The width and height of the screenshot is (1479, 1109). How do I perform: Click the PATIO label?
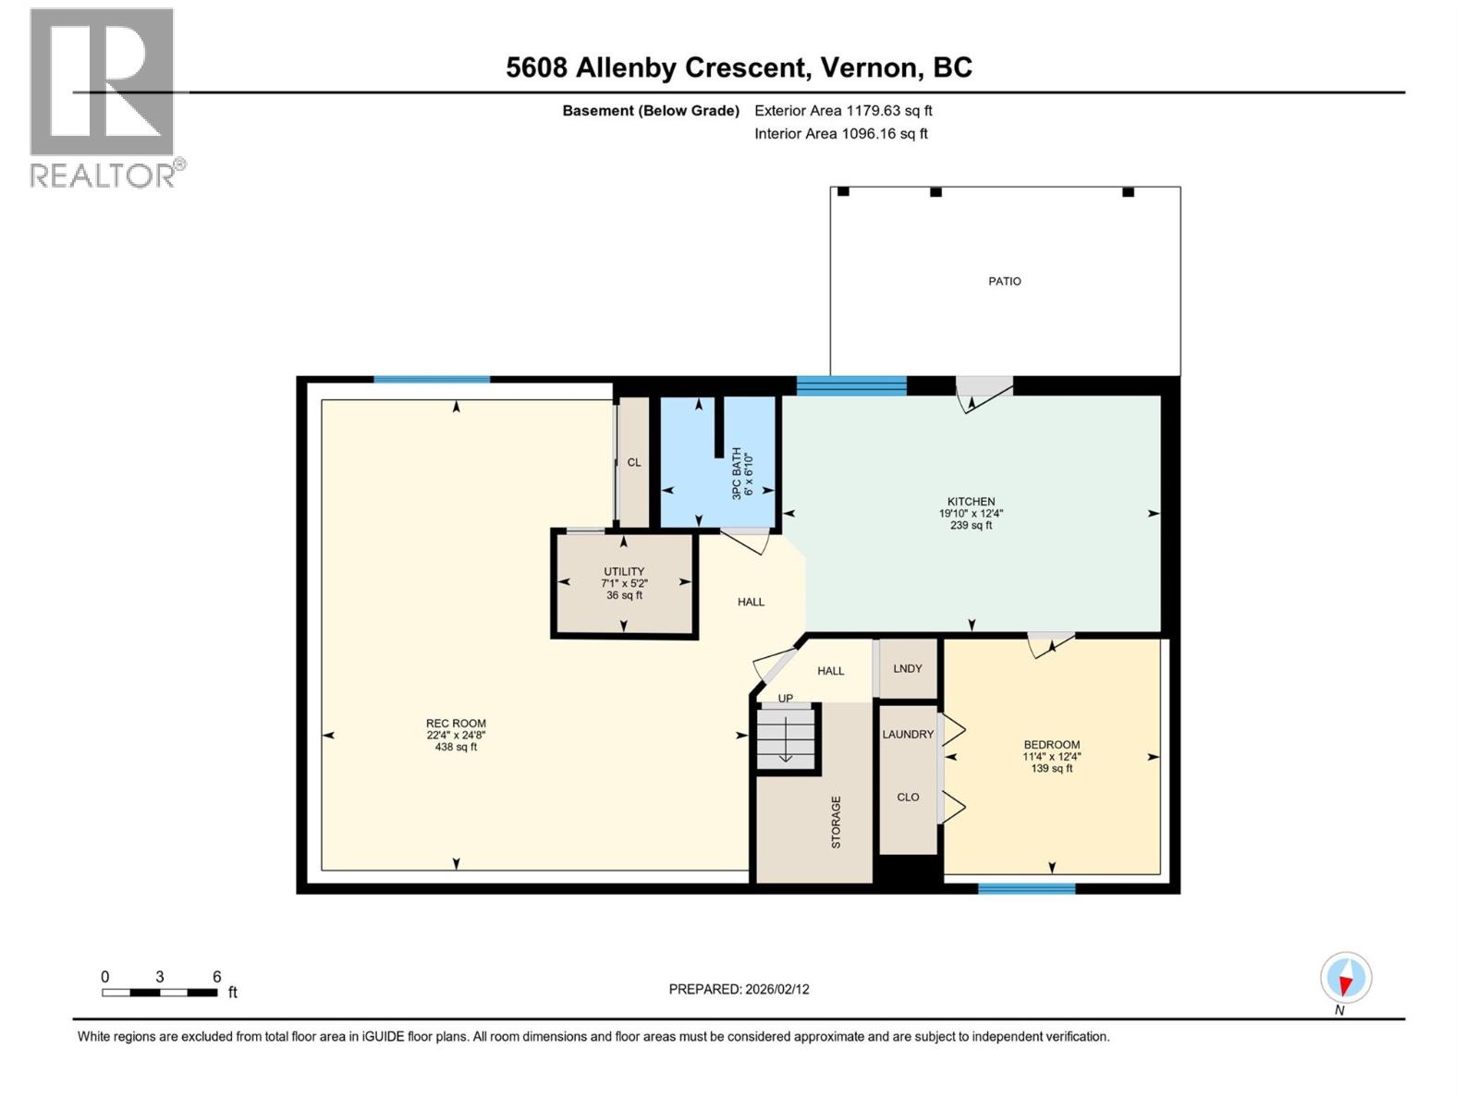(x=1004, y=281)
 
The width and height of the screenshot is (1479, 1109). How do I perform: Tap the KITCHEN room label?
(x=971, y=502)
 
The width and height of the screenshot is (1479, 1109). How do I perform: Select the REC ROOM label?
(x=456, y=724)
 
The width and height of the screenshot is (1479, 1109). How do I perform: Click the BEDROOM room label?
(x=1051, y=745)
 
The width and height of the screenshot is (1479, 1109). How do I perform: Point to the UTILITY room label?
(x=624, y=572)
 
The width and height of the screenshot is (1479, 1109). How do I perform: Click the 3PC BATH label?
(x=737, y=473)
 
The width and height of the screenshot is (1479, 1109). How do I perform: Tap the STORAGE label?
(x=836, y=822)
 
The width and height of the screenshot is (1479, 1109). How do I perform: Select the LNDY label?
(x=907, y=668)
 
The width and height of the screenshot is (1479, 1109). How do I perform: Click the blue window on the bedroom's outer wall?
(x=1026, y=889)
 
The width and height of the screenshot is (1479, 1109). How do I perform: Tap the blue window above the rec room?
(x=431, y=379)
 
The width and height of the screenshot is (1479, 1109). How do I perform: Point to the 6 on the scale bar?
(x=216, y=977)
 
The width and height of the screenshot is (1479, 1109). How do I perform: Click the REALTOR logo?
(x=104, y=97)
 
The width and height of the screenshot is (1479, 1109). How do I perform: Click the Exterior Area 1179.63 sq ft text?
(x=842, y=110)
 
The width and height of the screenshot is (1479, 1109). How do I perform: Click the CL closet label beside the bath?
(x=633, y=462)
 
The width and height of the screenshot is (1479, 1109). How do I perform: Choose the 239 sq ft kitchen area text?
(x=971, y=525)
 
